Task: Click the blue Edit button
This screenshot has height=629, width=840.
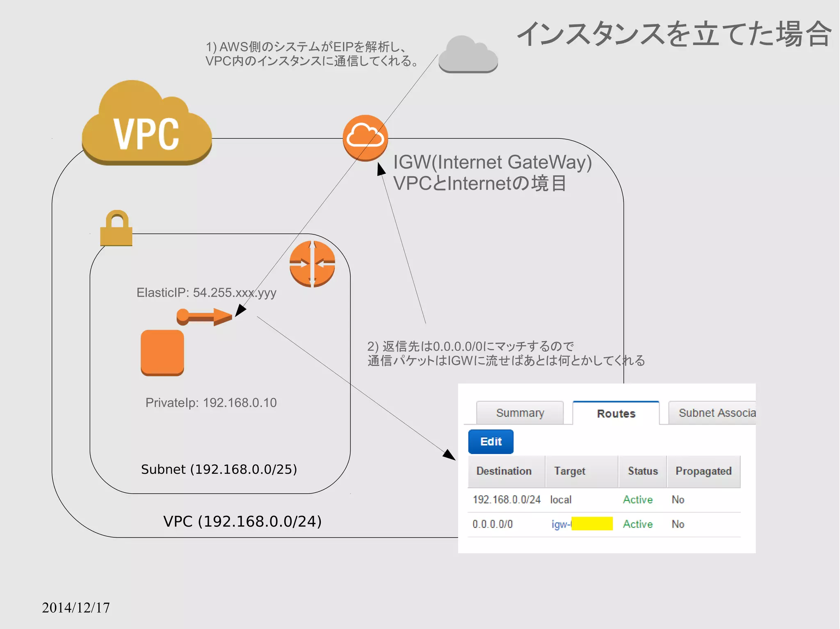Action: (491, 441)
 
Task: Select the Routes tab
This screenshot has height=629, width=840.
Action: (616, 413)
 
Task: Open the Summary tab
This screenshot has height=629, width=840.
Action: (520, 413)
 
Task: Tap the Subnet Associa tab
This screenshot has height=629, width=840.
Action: (714, 413)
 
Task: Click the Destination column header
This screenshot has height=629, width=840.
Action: (504, 471)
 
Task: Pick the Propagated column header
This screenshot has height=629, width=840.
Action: (703, 471)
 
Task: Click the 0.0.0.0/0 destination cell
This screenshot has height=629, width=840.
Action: (493, 524)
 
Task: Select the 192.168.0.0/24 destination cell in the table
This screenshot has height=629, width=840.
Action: (507, 500)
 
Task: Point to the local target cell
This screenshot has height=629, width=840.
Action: (561, 500)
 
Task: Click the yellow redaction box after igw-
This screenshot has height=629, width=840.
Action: (592, 524)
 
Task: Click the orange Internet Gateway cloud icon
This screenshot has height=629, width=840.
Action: (365, 138)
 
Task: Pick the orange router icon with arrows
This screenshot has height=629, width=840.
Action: (312, 263)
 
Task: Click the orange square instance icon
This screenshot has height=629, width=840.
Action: (162, 352)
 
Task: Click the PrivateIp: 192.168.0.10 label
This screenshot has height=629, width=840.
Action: (211, 402)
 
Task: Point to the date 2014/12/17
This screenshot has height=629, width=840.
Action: (76, 607)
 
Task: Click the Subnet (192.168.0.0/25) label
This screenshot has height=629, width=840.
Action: (219, 469)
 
